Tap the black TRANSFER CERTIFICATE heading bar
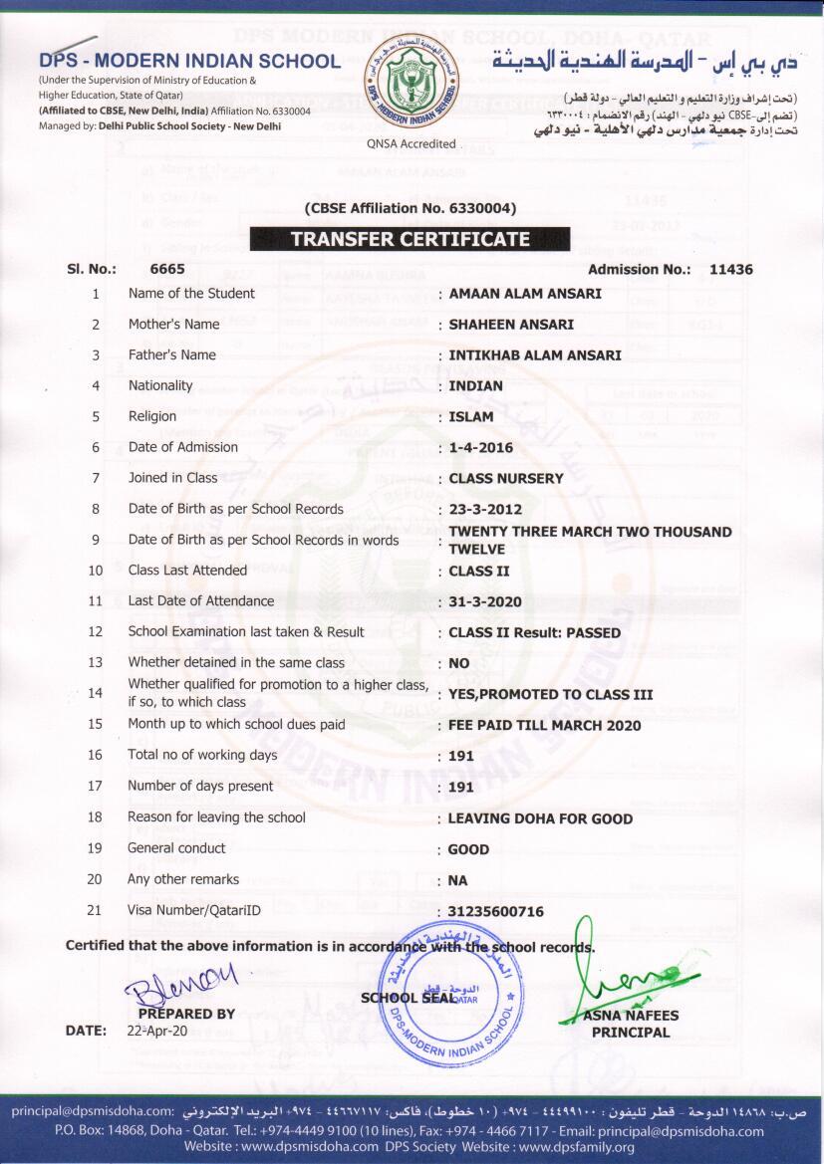point(410,239)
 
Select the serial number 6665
point(167,269)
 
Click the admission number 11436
point(731,269)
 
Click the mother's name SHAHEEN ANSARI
point(509,325)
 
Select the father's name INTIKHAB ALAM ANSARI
point(535,355)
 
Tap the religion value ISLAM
point(471,417)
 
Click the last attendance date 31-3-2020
point(485,602)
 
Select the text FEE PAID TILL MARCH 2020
point(545,726)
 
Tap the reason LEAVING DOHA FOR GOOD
point(540,818)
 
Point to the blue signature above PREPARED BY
point(184,983)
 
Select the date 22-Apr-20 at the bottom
point(158,1031)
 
